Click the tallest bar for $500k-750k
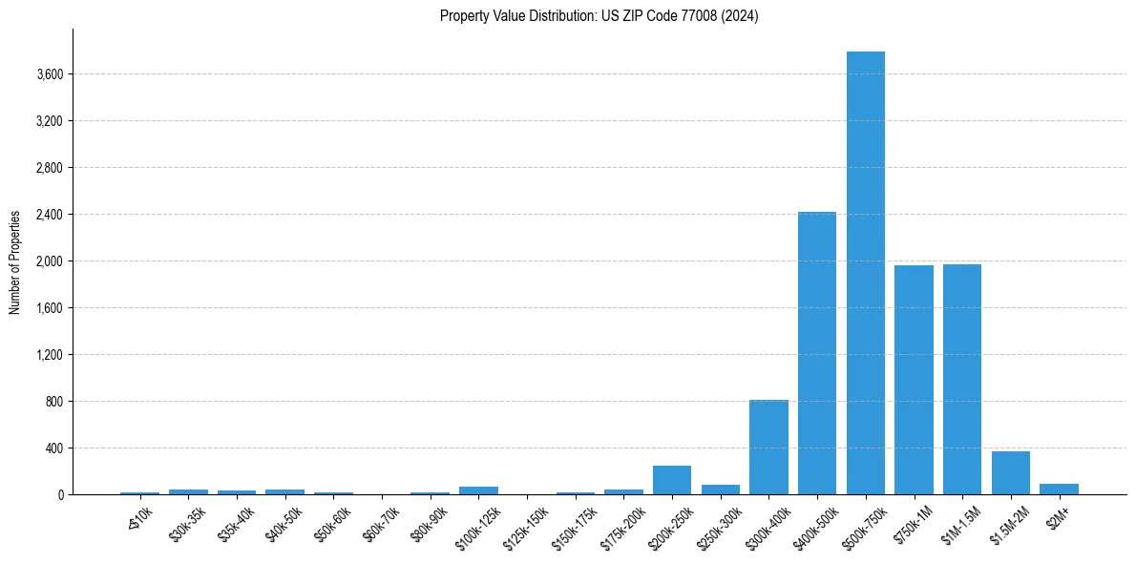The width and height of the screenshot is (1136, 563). pos(865,273)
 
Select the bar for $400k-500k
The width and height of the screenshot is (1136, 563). pos(817,353)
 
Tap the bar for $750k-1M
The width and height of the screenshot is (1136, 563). pos(914,380)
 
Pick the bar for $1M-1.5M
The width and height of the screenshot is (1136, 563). pos(962,379)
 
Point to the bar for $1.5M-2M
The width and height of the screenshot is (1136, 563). pos(1010,472)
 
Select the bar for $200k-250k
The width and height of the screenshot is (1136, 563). pos(672,480)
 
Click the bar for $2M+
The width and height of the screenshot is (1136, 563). pos(1059,489)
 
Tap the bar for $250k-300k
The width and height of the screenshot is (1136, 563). pos(721,490)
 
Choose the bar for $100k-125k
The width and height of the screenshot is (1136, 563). pos(478,490)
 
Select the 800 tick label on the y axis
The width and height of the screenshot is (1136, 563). pos(53,402)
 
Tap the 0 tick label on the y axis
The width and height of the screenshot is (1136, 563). pos(60,495)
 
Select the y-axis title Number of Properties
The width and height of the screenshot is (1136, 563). pos(15,261)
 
